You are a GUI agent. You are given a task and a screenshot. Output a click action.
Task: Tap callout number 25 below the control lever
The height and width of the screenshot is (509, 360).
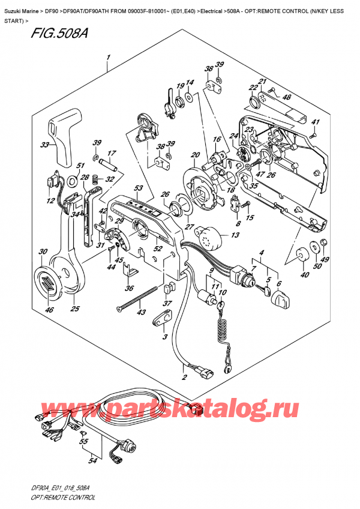point(75,309)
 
